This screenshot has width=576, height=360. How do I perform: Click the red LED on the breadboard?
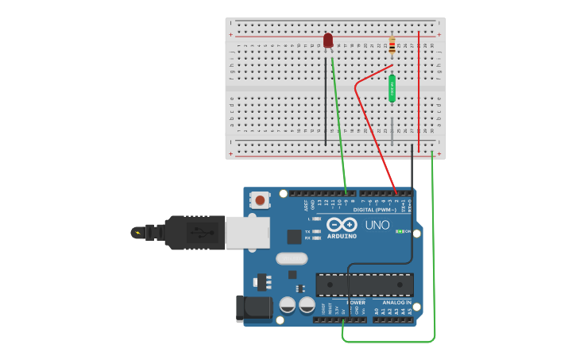tap(328, 40)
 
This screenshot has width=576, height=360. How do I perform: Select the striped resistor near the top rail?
tap(391, 47)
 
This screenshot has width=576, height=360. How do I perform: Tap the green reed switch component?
tap(392, 88)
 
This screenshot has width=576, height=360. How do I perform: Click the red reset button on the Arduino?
tap(260, 200)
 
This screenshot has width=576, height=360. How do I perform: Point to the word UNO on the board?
tap(377, 225)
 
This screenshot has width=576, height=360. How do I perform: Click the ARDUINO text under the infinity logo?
tap(342, 236)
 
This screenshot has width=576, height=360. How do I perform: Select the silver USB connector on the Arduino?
tap(247, 232)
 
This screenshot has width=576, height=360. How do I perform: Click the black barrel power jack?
tap(253, 308)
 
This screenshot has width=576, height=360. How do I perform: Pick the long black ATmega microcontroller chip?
tap(365, 285)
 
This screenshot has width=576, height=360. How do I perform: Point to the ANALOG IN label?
tap(396, 303)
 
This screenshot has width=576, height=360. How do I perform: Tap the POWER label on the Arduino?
tap(357, 303)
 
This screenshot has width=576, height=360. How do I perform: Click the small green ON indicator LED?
tap(398, 231)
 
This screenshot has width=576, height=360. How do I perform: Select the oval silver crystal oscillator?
tap(292, 258)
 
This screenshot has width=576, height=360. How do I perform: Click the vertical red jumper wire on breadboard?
tap(419, 87)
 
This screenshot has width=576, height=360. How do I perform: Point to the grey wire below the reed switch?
tap(392, 127)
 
